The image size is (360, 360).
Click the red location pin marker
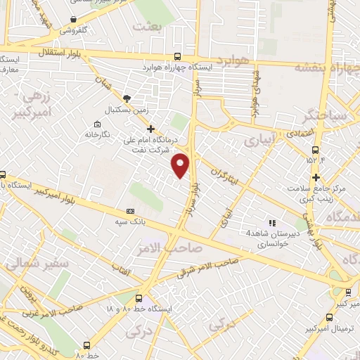click(x=181, y=165)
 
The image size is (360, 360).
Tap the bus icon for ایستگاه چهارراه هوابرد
click(x=176, y=57)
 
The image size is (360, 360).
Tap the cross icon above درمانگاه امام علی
click(x=150, y=129)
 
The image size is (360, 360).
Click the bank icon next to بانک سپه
click(x=129, y=211)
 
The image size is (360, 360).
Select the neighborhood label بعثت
click(x=151, y=26)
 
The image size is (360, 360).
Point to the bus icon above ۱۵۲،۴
click(x=315, y=149)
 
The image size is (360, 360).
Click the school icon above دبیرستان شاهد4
click(x=272, y=223)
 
